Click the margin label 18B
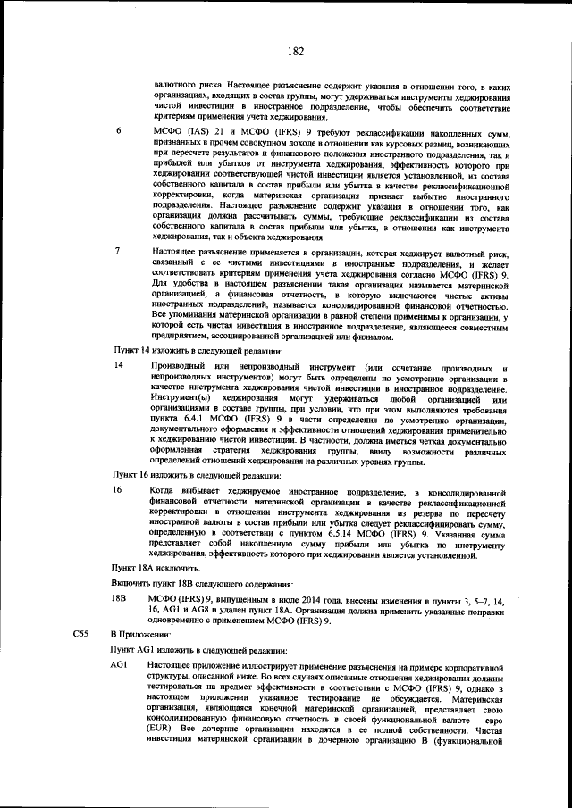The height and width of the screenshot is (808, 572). coord(119,597)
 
